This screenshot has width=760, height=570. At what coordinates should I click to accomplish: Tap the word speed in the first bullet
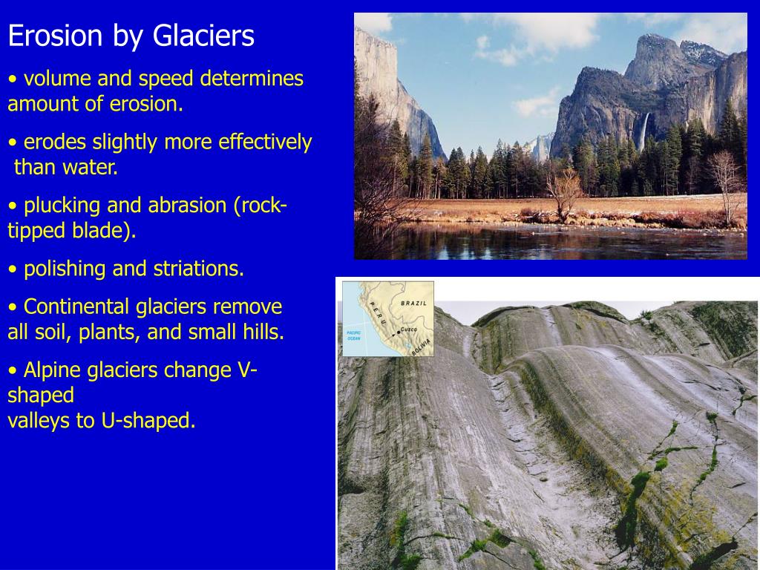[x=183, y=79]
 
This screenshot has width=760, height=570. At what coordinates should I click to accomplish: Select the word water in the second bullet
[x=91, y=168]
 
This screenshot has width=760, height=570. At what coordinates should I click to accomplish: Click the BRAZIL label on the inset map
[x=413, y=304]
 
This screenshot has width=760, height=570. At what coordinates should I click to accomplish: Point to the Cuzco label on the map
[x=409, y=328]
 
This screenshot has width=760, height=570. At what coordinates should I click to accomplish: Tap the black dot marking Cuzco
[x=398, y=333]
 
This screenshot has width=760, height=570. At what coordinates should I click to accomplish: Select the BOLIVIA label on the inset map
[x=421, y=346]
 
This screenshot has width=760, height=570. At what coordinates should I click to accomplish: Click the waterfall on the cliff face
[x=645, y=131]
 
